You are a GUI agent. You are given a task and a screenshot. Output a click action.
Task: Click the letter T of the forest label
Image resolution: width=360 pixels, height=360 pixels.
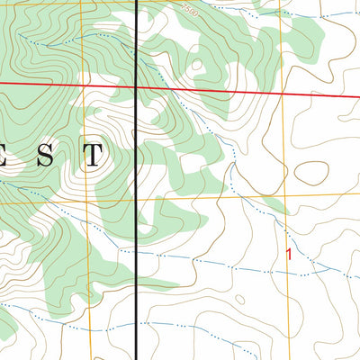point(93,156)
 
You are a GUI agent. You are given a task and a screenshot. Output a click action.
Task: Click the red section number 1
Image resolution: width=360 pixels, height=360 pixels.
point(289,254)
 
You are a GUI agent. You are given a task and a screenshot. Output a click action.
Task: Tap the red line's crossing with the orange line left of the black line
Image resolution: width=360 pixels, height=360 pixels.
point(83,85)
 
